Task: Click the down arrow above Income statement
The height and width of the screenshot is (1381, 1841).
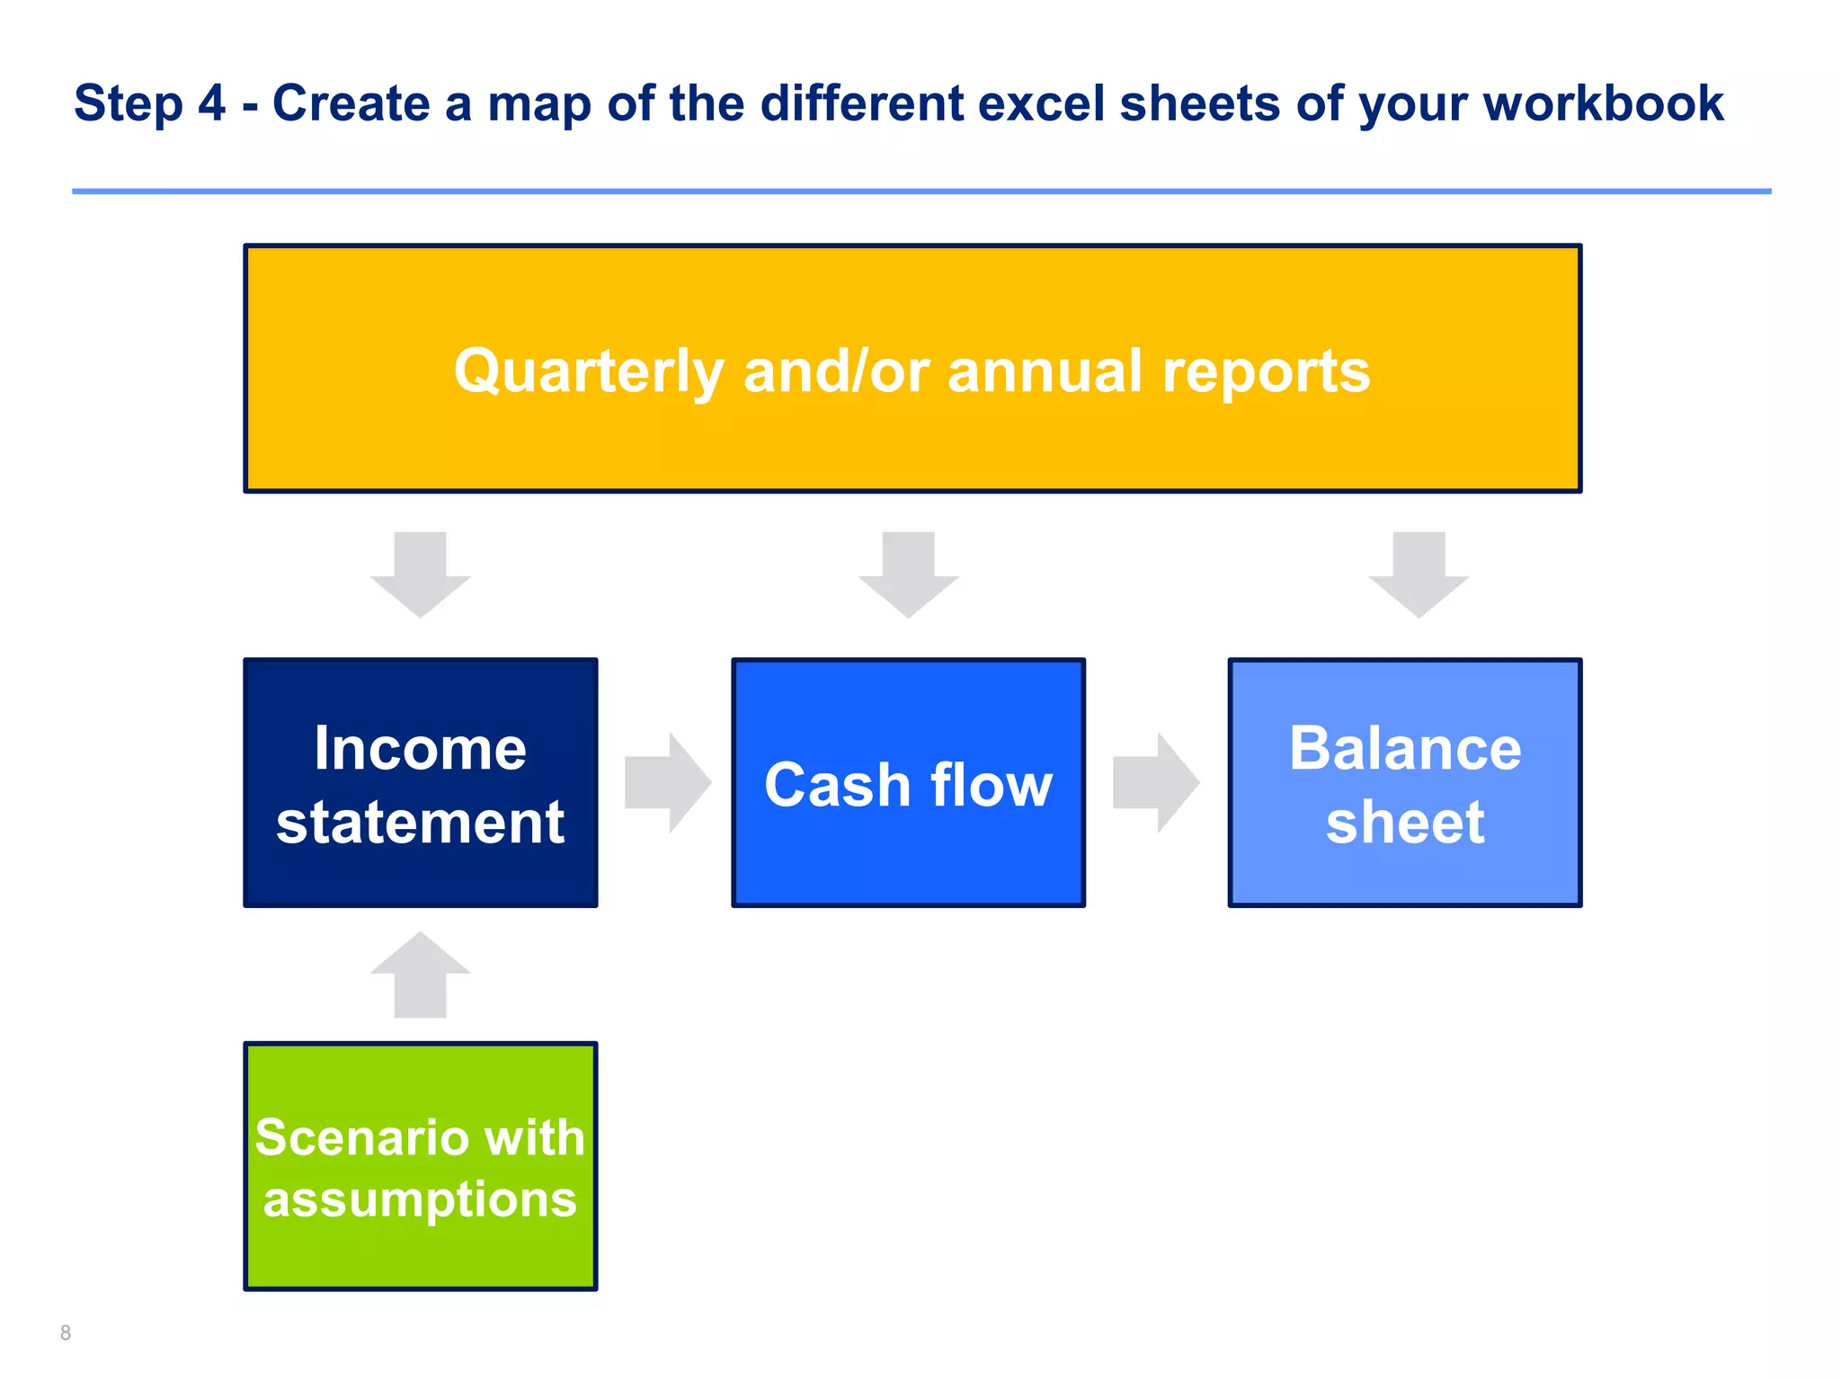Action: [420, 575]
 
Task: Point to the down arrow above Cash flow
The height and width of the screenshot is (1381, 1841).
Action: [908, 575]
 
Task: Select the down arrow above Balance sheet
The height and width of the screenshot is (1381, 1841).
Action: [1419, 575]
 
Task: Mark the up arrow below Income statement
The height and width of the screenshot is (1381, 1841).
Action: [420, 976]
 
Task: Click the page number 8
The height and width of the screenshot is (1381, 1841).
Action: [66, 1332]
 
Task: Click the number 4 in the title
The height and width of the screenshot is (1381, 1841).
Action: [211, 103]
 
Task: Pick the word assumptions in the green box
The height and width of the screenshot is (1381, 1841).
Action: [420, 1200]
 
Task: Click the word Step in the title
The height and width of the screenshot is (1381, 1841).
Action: [128, 104]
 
